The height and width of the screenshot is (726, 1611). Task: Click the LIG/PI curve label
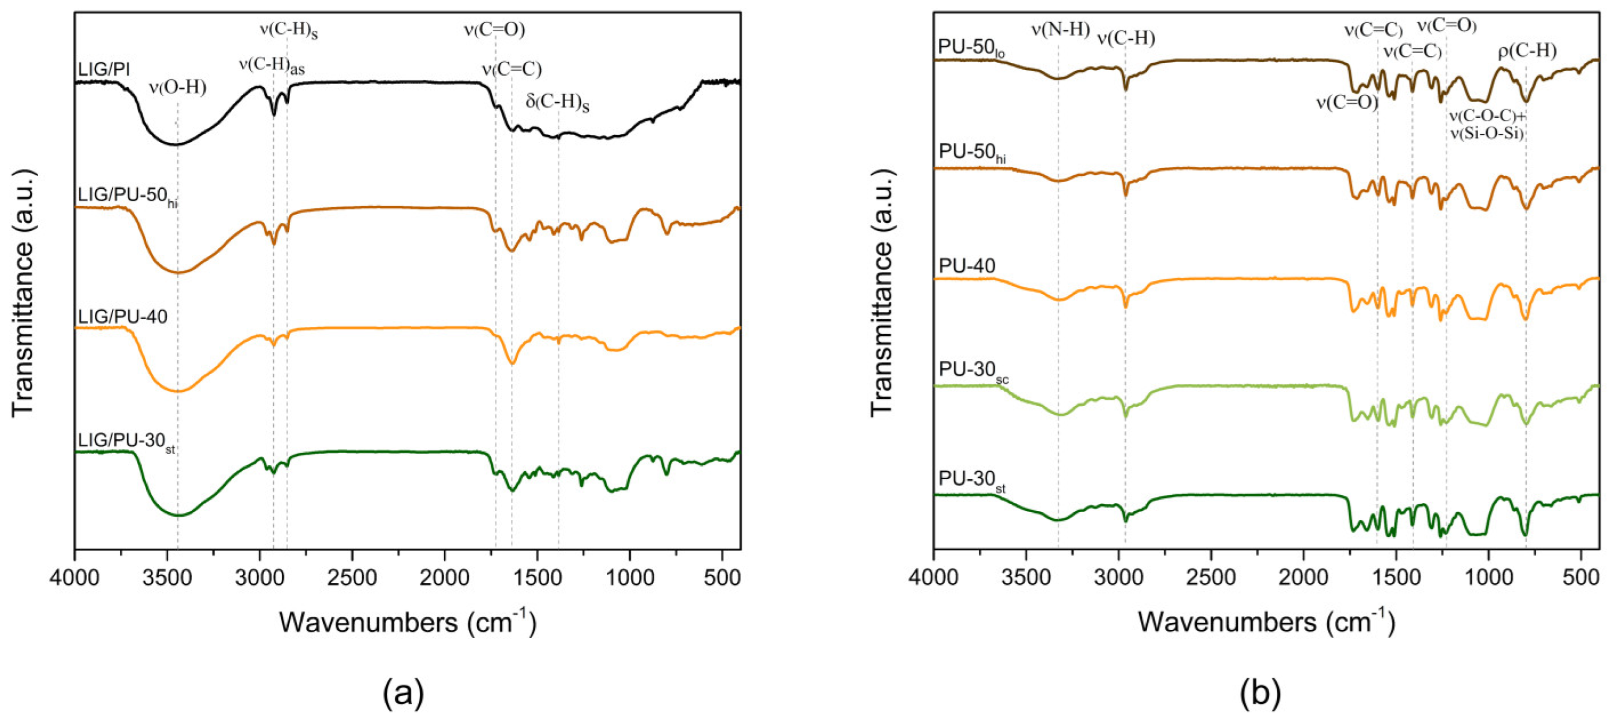pos(104,69)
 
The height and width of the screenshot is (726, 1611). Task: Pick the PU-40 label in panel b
pos(967,266)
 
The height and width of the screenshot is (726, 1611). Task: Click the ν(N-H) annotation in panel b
pos(1061,30)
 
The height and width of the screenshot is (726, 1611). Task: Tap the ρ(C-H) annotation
pos(1527,51)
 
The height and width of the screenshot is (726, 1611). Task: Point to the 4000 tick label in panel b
pos(933,578)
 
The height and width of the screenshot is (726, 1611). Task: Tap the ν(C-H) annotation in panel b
pos(1126,39)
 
